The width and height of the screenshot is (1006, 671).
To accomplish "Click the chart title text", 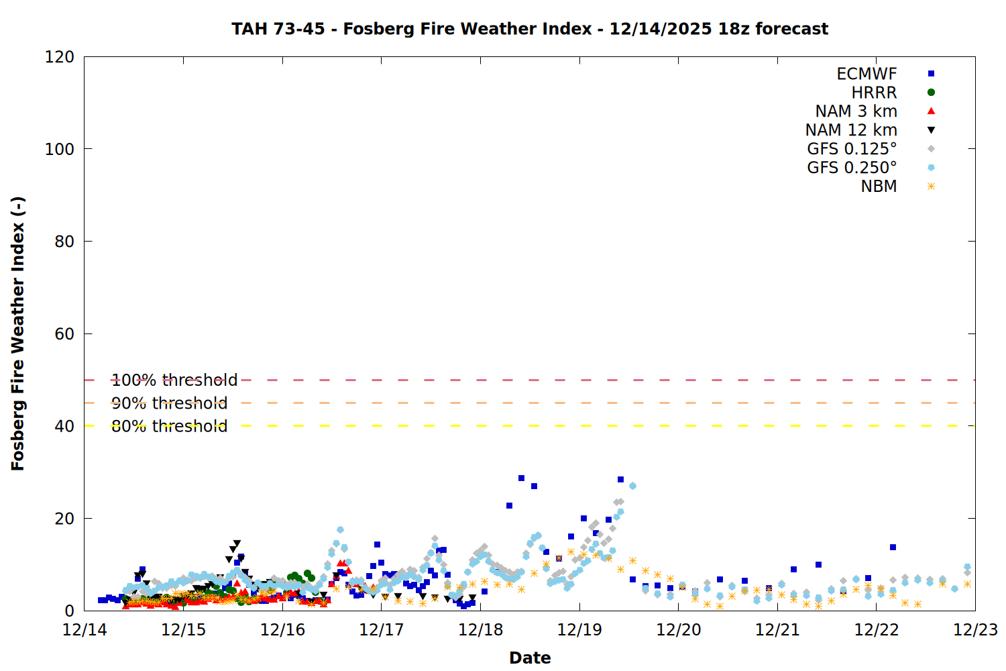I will (530, 29).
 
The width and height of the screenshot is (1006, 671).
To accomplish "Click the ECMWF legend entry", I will (867, 74).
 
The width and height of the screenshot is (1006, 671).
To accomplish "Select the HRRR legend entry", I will (874, 93).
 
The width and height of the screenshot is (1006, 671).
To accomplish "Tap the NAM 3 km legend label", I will (856, 111).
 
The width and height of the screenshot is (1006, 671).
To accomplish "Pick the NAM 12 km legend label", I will (851, 130).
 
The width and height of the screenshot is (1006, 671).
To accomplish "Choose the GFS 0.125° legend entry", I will (852, 149).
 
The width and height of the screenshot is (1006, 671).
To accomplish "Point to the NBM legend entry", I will (879, 187).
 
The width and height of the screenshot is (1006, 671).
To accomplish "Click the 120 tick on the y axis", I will (60, 57).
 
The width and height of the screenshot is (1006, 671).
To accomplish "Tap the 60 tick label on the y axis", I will (64, 334).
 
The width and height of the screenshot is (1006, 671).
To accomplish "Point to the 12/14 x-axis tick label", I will (85, 630).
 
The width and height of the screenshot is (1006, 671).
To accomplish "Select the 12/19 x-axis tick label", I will (579, 630).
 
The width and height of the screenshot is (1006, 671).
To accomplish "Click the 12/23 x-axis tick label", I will (975, 630).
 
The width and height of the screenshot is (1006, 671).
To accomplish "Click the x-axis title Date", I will (530, 658).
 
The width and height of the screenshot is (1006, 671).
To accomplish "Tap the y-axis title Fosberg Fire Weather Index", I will (18, 333).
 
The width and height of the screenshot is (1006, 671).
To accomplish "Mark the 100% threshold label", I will (174, 380).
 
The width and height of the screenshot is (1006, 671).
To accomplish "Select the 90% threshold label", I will (169, 403).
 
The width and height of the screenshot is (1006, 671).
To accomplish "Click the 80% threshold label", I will (169, 426).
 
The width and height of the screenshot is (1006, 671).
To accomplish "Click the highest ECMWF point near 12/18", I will (521, 478).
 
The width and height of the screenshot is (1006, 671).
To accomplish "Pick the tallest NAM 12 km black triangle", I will (237, 544).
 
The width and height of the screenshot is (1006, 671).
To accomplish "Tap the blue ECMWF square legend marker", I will (931, 74).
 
